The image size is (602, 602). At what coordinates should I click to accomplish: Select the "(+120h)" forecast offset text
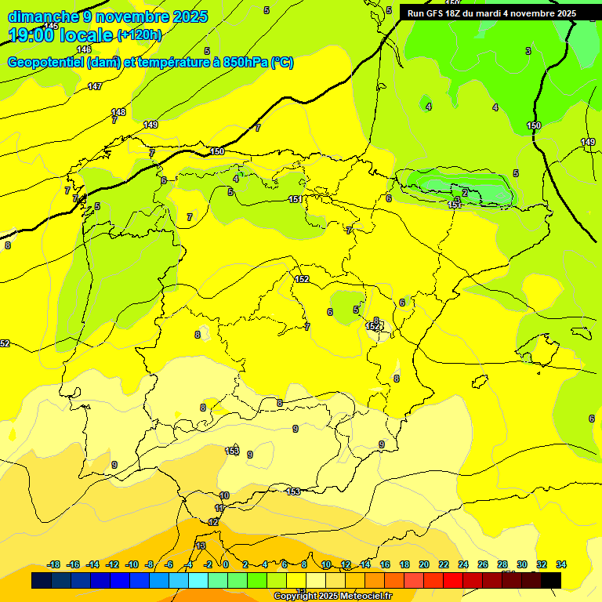point(140,34)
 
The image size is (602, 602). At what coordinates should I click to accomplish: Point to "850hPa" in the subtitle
point(240,63)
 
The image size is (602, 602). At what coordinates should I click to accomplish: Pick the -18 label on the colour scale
point(53,564)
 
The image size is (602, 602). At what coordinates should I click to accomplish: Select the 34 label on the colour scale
point(561,564)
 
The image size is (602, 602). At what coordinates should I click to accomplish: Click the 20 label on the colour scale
point(423,564)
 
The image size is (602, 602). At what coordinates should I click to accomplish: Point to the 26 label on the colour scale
point(482,564)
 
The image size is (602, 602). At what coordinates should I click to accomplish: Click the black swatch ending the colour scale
point(551,580)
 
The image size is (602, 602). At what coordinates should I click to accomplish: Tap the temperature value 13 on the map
point(201,546)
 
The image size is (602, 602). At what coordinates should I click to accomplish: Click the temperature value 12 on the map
point(213,522)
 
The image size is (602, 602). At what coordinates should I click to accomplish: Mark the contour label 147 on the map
point(95,86)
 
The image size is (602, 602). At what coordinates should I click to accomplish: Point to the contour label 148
point(118,112)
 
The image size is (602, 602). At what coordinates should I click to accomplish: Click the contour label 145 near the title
point(51,26)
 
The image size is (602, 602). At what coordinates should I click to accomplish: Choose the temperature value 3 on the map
point(528,51)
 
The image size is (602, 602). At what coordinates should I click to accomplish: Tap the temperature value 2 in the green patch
point(465,192)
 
